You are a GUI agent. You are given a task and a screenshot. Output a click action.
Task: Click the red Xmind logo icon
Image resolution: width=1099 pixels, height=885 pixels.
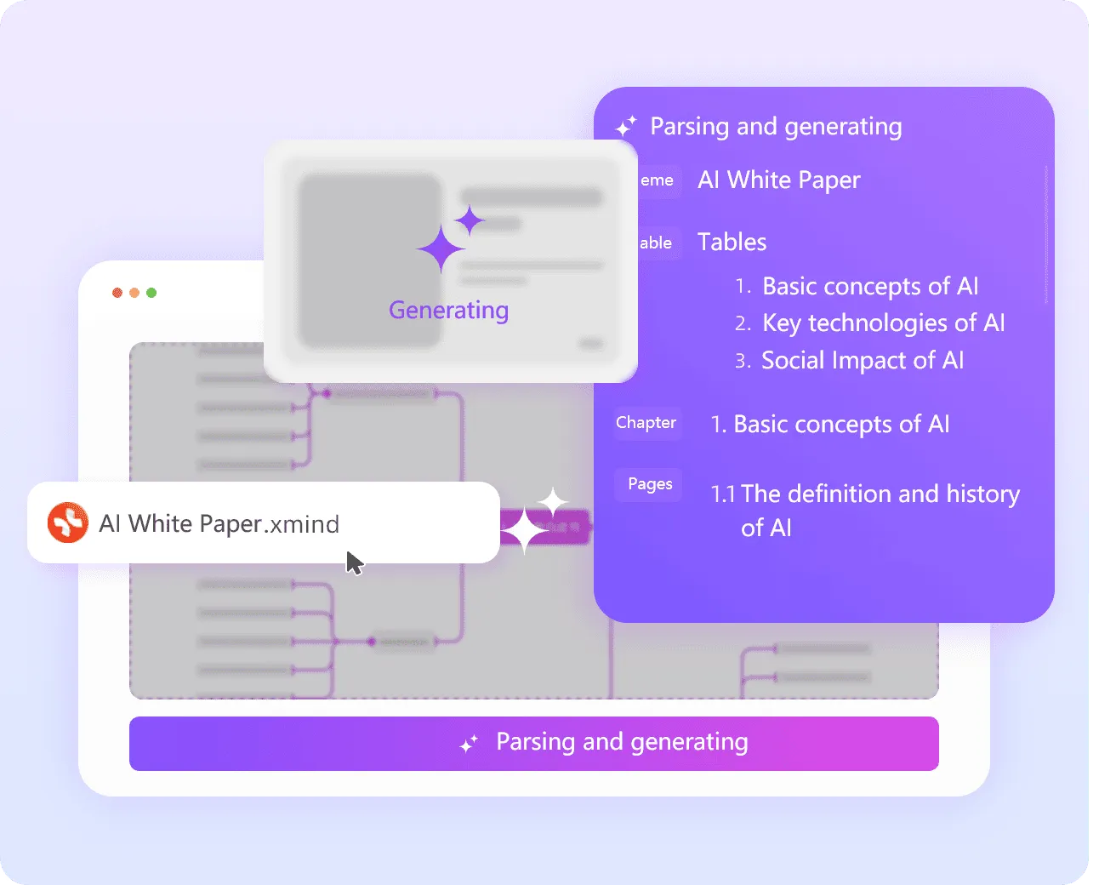[x=68, y=522]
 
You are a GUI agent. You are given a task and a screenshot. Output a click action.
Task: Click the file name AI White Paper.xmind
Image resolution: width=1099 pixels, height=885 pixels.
[x=219, y=523]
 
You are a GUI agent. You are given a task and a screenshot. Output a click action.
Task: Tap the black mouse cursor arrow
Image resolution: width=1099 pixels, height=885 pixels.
[x=354, y=562]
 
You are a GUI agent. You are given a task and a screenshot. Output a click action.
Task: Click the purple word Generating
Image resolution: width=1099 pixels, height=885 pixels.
[x=448, y=310]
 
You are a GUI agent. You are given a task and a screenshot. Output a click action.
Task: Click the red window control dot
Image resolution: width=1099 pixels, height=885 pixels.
[x=117, y=293]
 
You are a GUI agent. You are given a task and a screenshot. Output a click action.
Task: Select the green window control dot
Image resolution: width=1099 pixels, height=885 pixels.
[x=151, y=293]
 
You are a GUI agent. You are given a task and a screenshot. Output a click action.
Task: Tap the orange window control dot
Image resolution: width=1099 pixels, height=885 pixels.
[x=134, y=293]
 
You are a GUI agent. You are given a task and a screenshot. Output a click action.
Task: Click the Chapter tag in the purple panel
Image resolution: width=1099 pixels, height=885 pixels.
[x=646, y=423]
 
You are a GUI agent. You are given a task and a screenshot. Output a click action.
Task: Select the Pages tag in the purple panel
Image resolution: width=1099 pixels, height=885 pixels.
[x=650, y=484]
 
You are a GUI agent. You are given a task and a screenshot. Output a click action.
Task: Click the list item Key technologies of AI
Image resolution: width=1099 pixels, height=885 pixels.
[x=883, y=323]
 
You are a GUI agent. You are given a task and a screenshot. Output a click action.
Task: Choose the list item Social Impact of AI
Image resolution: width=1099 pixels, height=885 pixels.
[x=862, y=361]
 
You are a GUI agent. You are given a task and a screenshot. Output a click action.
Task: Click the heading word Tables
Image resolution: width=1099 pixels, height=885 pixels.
[x=732, y=243]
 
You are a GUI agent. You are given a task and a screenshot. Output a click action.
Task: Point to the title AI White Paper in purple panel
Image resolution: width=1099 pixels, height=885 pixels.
[x=778, y=180]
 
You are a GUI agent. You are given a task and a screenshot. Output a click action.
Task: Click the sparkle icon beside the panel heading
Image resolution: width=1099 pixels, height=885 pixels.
[x=626, y=127]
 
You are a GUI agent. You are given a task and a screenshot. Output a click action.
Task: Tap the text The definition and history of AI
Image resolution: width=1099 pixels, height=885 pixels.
[x=865, y=510]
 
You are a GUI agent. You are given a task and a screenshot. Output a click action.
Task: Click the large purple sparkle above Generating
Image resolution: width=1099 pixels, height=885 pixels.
[x=443, y=247]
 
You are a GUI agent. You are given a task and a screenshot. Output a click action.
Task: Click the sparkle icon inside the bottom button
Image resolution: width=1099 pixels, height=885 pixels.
[x=469, y=743]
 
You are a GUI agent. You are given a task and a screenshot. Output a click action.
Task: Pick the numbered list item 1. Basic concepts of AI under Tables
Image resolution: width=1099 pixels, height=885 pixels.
[x=869, y=287]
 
